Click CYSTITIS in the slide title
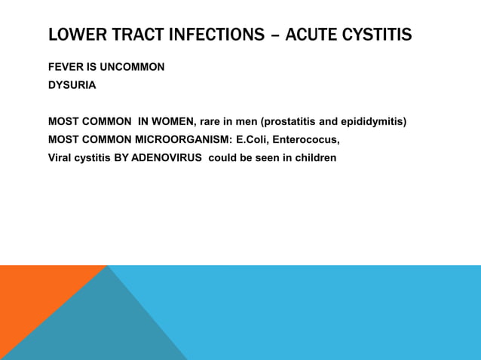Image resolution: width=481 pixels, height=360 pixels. pos(379,35)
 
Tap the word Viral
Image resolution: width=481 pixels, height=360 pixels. pos(61,158)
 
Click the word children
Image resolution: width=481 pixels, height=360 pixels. pos(314,158)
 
